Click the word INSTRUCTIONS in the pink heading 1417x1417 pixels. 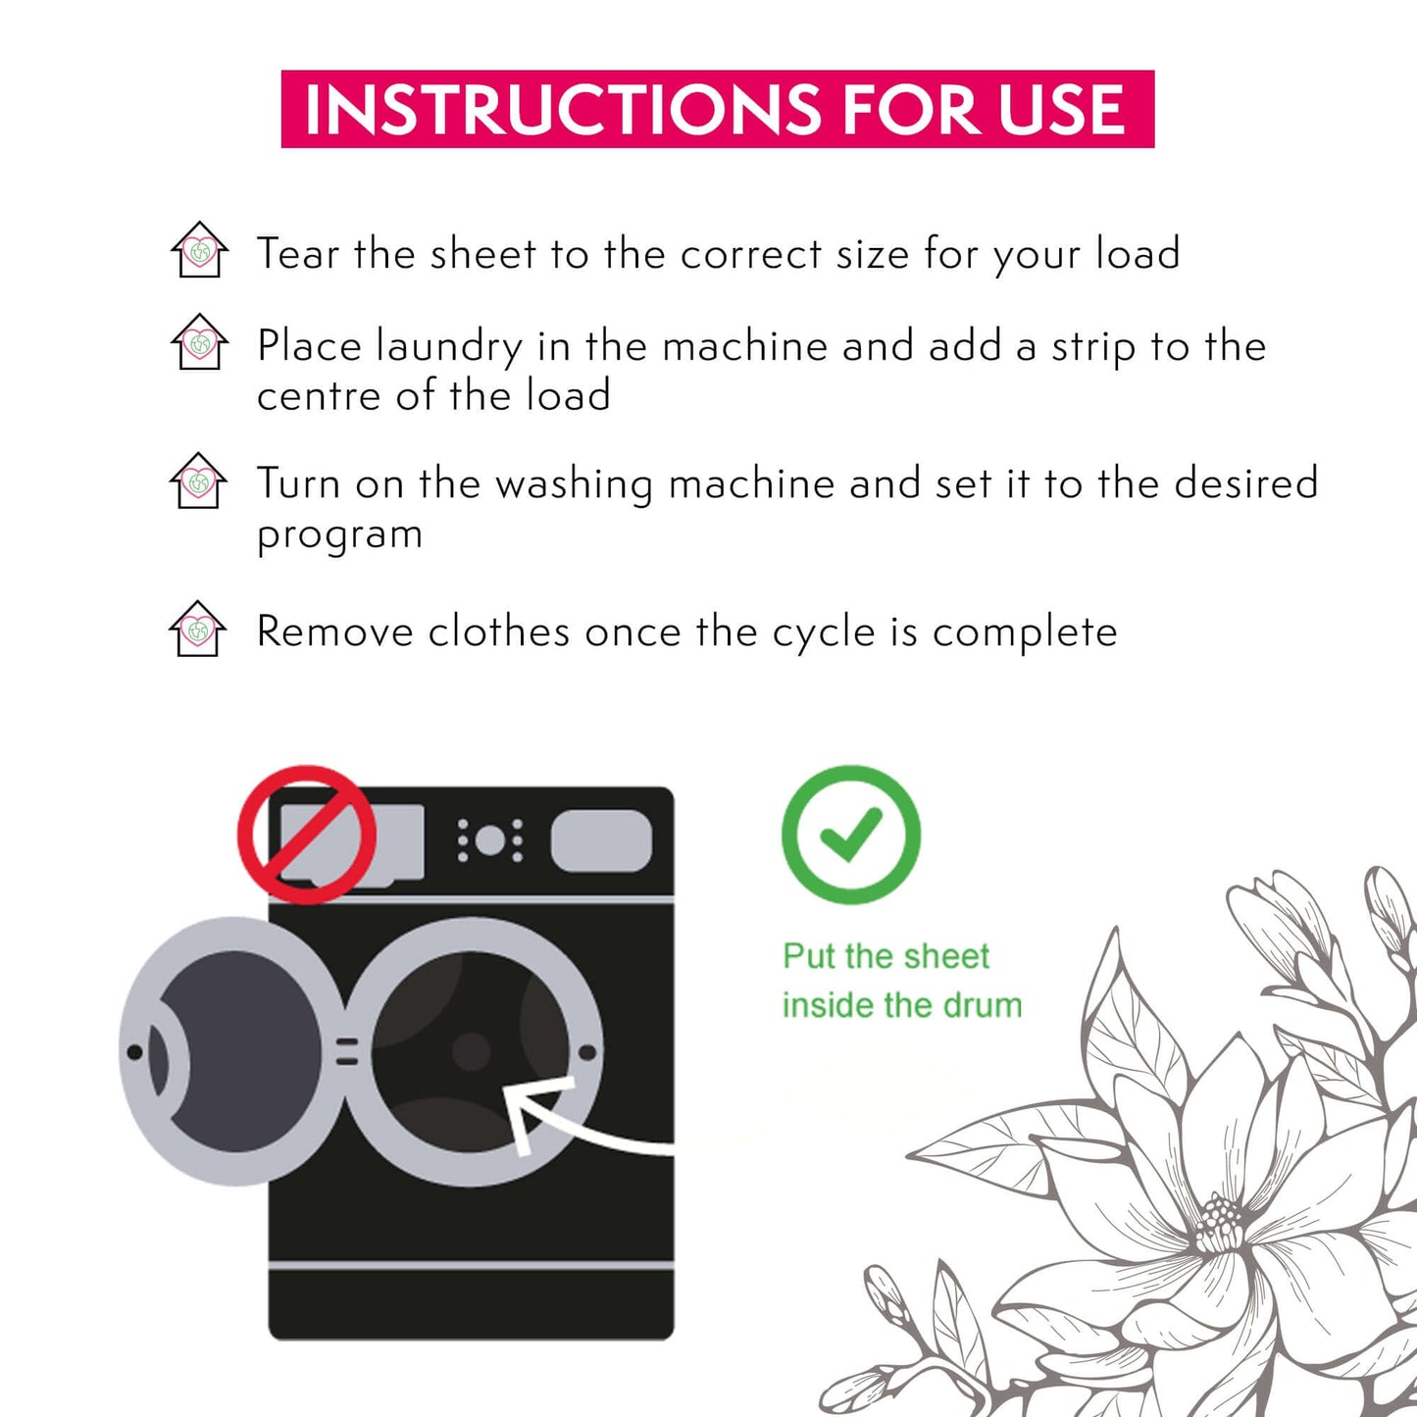click(x=563, y=110)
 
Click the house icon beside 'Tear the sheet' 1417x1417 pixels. click(x=199, y=249)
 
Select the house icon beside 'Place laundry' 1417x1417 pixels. click(x=199, y=342)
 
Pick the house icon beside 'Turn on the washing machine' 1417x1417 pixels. click(x=198, y=481)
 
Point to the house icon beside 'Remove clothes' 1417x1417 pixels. click(x=197, y=628)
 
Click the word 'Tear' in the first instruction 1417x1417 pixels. click(x=298, y=254)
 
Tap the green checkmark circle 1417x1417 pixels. click(x=851, y=835)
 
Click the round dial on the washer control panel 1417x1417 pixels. click(x=489, y=840)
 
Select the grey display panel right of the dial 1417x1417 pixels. click(x=601, y=841)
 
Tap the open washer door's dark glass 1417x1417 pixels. click(x=239, y=1051)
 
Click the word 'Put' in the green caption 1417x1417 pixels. click(x=808, y=957)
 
